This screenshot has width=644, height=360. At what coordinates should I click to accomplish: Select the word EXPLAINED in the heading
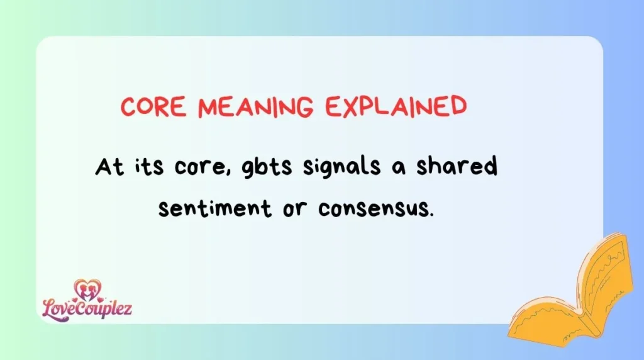click(x=396, y=107)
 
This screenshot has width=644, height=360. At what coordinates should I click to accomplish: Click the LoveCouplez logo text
click(x=87, y=308)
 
